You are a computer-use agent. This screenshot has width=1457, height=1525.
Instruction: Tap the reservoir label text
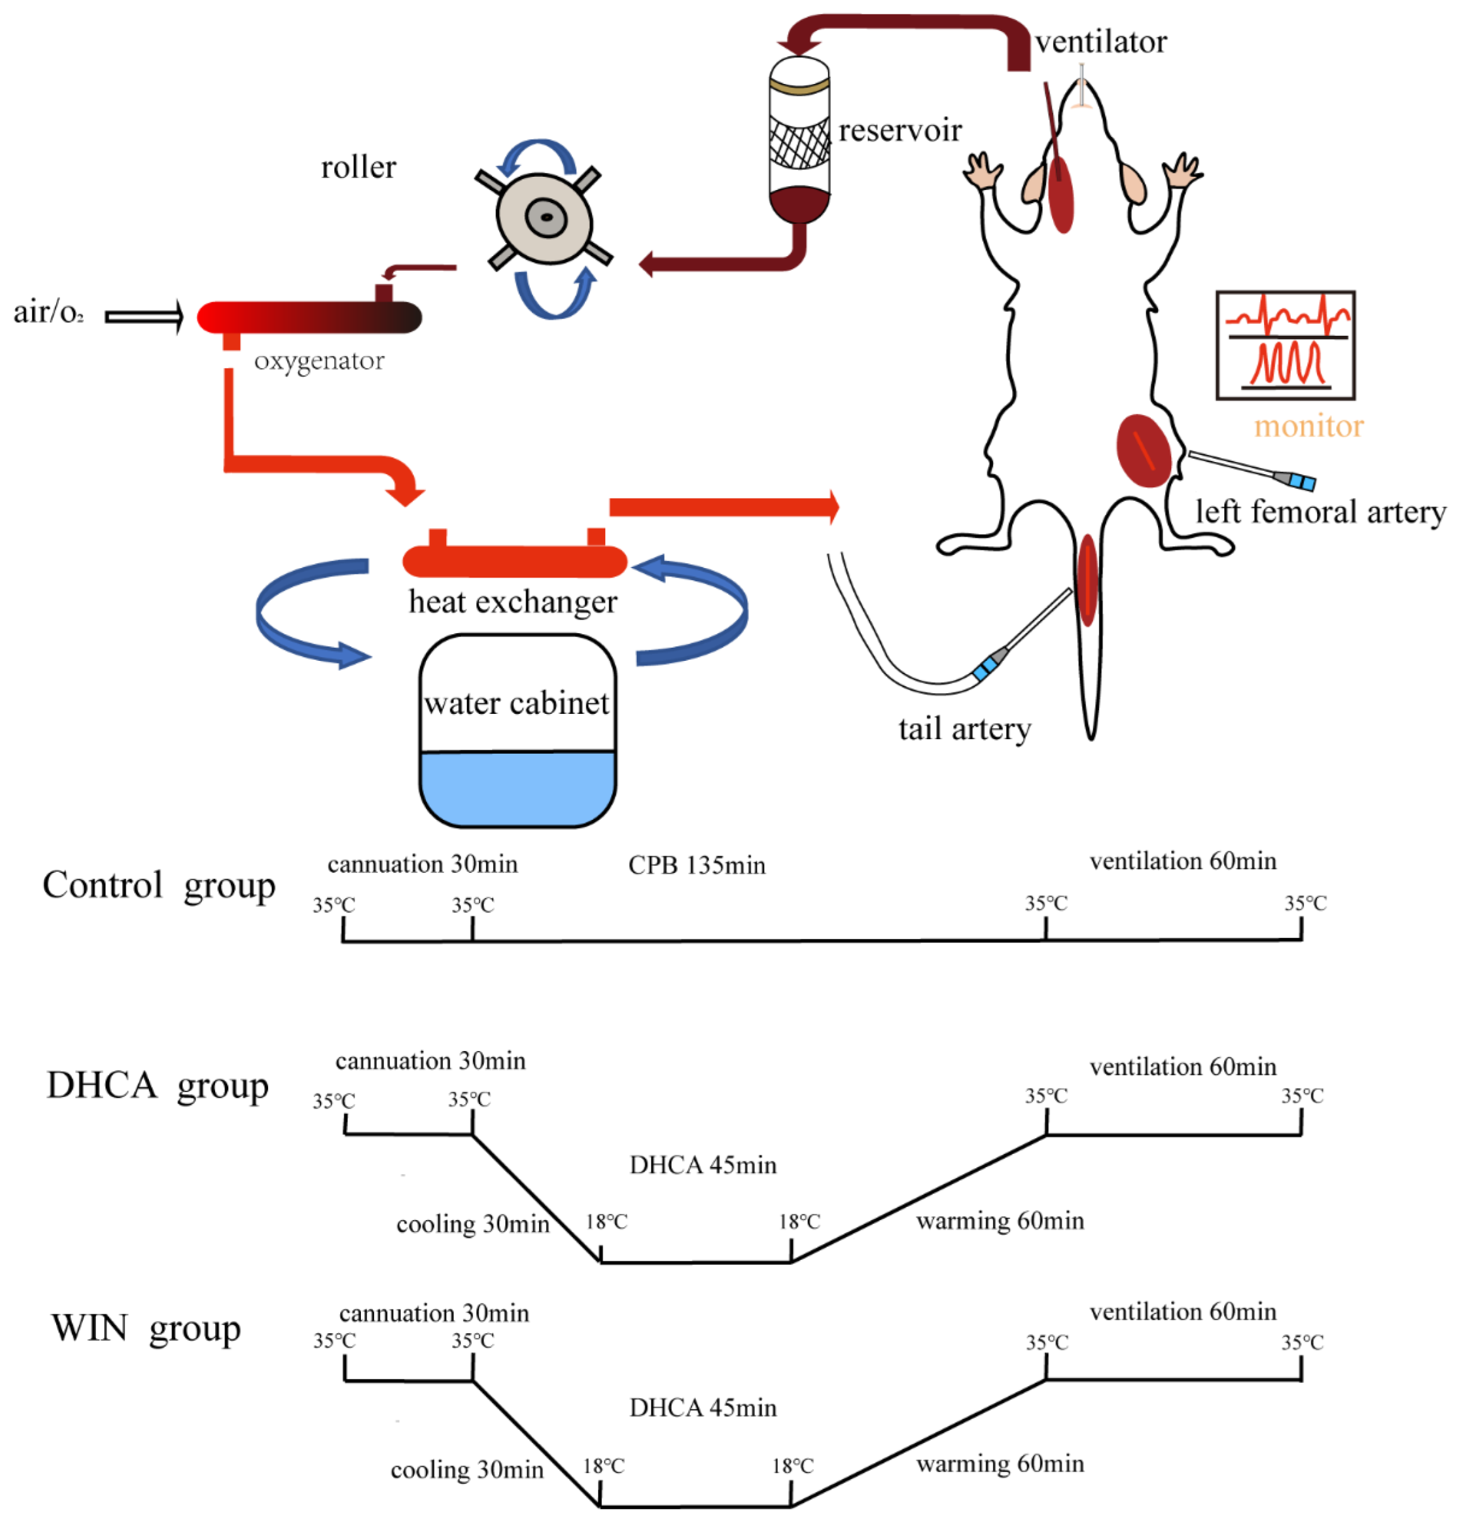coord(899,131)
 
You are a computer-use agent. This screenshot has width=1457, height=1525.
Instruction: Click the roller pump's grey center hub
coord(546,218)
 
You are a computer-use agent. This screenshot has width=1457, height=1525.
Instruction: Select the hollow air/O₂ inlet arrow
coord(145,316)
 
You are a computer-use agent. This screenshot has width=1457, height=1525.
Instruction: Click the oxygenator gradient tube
coord(309,317)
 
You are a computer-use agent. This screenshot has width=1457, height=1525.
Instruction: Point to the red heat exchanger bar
coord(514,561)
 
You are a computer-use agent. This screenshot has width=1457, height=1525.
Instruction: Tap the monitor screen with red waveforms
coord(1285,345)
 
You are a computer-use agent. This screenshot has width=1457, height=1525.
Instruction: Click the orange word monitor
coord(1308,425)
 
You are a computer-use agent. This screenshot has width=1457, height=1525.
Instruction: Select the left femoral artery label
coord(1319,511)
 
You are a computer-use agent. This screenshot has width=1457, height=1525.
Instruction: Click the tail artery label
coord(965,728)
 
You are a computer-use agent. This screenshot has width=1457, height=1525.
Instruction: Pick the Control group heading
coord(158,885)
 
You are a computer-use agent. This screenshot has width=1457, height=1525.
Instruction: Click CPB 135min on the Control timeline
coord(697,865)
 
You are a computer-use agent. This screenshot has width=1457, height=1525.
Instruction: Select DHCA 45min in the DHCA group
coord(702,1165)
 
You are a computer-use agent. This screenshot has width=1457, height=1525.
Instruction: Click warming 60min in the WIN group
coord(1000,1464)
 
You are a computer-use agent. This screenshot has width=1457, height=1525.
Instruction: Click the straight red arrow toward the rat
coord(723,507)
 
